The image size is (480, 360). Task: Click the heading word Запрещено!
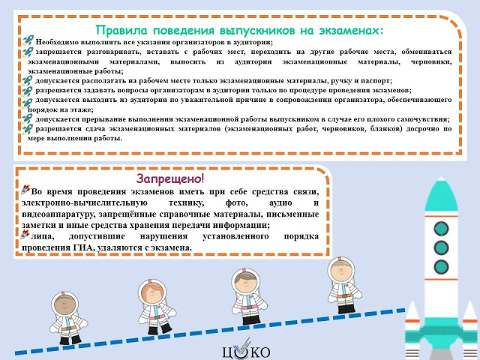[x=170, y=178]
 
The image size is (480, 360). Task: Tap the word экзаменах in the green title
[x=351, y=31]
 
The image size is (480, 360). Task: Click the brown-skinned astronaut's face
[x=65, y=305]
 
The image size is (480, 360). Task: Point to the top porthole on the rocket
[x=441, y=229]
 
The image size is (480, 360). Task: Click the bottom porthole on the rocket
[x=441, y=267]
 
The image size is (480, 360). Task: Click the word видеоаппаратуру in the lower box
[x=58, y=214]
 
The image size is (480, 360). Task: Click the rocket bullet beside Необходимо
[x=28, y=40]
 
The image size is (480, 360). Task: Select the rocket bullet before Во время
[x=25, y=190]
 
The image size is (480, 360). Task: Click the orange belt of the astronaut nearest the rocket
[x=344, y=296]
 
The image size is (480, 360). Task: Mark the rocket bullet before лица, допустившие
[x=25, y=235]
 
